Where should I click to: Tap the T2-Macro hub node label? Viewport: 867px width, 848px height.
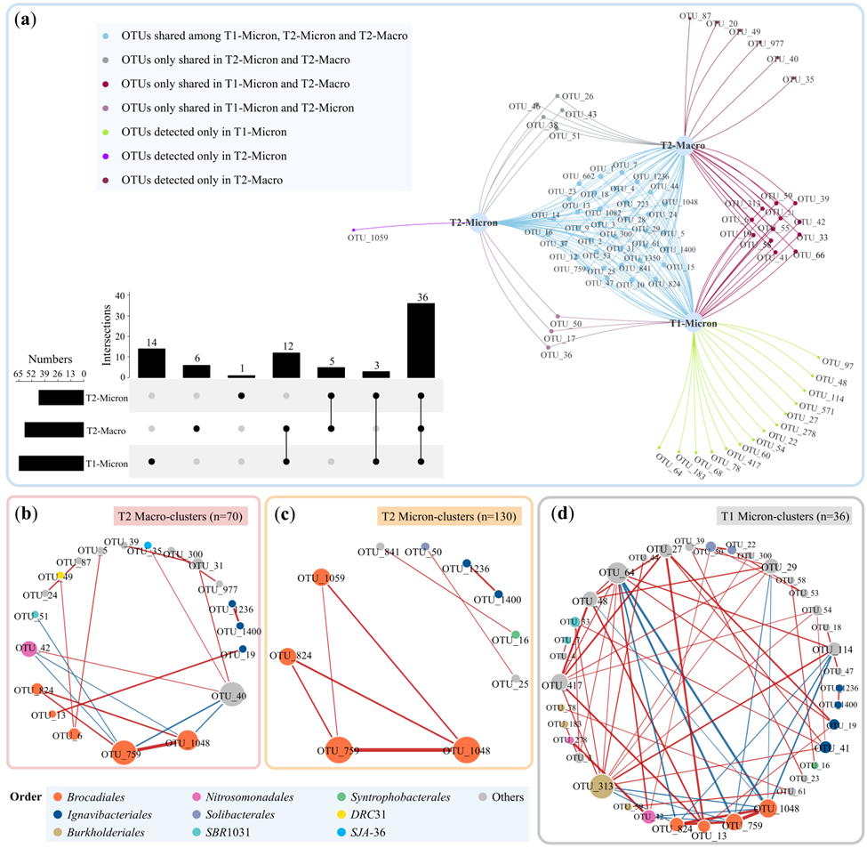point(683,145)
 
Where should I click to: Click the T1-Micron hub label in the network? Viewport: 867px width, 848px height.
point(694,323)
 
